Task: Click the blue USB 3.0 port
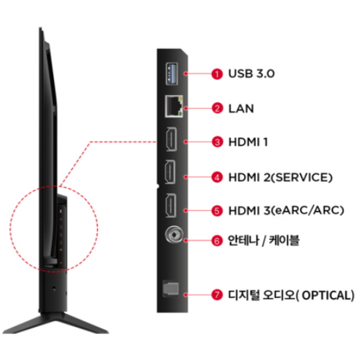point(172,73)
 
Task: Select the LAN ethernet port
point(174,106)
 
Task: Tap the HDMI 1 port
point(171,139)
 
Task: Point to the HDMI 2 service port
point(170,172)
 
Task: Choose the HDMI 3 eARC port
point(171,205)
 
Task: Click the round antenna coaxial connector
point(174,235)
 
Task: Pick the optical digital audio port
point(171,288)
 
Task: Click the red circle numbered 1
point(217,73)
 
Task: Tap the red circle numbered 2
point(217,108)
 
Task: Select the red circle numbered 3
point(217,142)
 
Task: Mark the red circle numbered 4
point(217,177)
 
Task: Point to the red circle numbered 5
point(217,210)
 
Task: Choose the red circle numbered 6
point(217,240)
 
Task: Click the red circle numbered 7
point(217,294)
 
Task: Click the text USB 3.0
point(251,73)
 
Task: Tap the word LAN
point(241,109)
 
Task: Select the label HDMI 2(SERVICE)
point(281,178)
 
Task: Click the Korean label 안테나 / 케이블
point(264,240)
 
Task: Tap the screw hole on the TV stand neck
point(54,289)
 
